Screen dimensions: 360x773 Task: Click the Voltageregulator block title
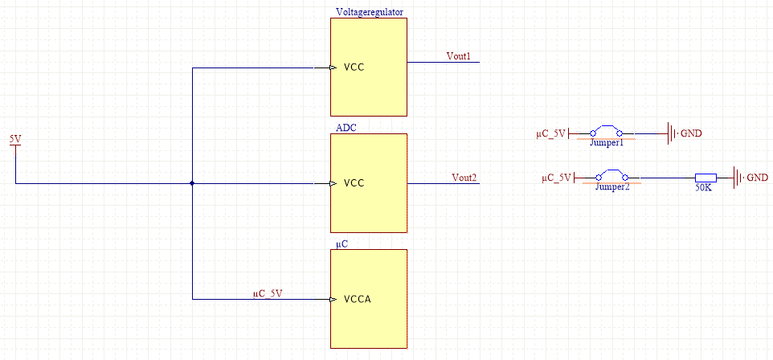[x=369, y=12]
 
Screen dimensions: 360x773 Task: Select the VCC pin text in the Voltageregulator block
[x=354, y=67]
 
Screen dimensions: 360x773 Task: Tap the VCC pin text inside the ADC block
[x=354, y=183]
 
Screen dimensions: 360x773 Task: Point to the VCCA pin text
[x=358, y=300]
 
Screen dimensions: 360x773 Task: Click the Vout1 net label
[x=458, y=56]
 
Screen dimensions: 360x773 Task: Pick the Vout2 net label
[x=464, y=178]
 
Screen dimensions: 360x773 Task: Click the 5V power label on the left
[x=15, y=139]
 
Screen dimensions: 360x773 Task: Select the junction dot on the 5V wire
[x=192, y=183]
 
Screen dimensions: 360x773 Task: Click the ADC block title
[x=346, y=128]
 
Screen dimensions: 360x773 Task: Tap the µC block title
[x=342, y=243]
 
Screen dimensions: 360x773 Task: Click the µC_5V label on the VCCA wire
[x=268, y=293]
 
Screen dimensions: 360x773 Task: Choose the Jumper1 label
[x=607, y=143]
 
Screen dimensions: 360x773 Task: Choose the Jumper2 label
[x=611, y=186]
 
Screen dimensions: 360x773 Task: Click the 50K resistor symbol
[x=706, y=178]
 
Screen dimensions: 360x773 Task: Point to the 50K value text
[x=703, y=188]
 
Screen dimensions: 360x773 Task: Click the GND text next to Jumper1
[x=691, y=133]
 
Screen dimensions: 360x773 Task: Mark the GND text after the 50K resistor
[x=757, y=178]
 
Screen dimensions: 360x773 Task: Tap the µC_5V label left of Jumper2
[x=556, y=178]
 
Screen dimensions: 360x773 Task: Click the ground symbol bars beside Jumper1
[x=671, y=133]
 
